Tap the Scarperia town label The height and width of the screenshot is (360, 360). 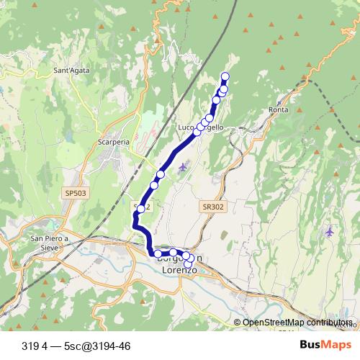[113, 142]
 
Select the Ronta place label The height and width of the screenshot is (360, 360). [278, 109]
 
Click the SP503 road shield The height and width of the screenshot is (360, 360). [74, 193]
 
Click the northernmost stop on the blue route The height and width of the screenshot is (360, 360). [225, 77]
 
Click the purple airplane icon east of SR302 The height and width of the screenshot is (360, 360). [330, 232]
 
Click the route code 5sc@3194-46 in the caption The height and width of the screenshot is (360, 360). [96, 346]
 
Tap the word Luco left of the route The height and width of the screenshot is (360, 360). [186, 127]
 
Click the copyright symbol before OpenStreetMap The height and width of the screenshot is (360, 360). [238, 323]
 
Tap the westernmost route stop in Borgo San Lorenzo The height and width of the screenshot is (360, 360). [157, 253]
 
